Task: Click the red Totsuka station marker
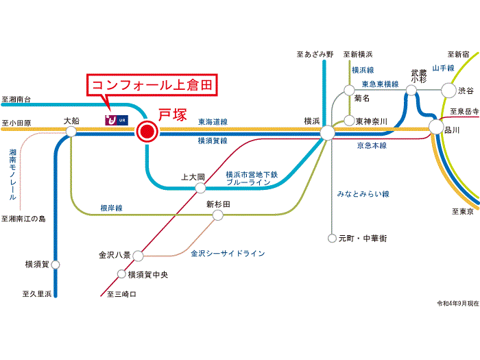point(147,132)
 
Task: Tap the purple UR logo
point(117,120)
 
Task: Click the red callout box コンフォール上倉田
point(152,85)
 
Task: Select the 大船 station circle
point(71,132)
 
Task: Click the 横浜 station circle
point(328,133)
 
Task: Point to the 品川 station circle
point(436,127)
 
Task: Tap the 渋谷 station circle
point(448,91)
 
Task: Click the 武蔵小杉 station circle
point(411,91)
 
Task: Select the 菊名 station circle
point(349,91)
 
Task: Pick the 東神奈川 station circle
point(349,121)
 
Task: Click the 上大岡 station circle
point(200,188)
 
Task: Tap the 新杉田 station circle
point(217,215)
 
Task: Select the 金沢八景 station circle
point(138,256)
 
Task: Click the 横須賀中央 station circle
point(121,274)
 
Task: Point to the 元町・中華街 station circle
point(332,238)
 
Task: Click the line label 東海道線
point(213,122)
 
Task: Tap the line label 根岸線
point(111,208)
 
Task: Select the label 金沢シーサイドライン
point(228,254)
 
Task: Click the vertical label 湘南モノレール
point(12,174)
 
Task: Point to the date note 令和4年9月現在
point(457,303)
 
